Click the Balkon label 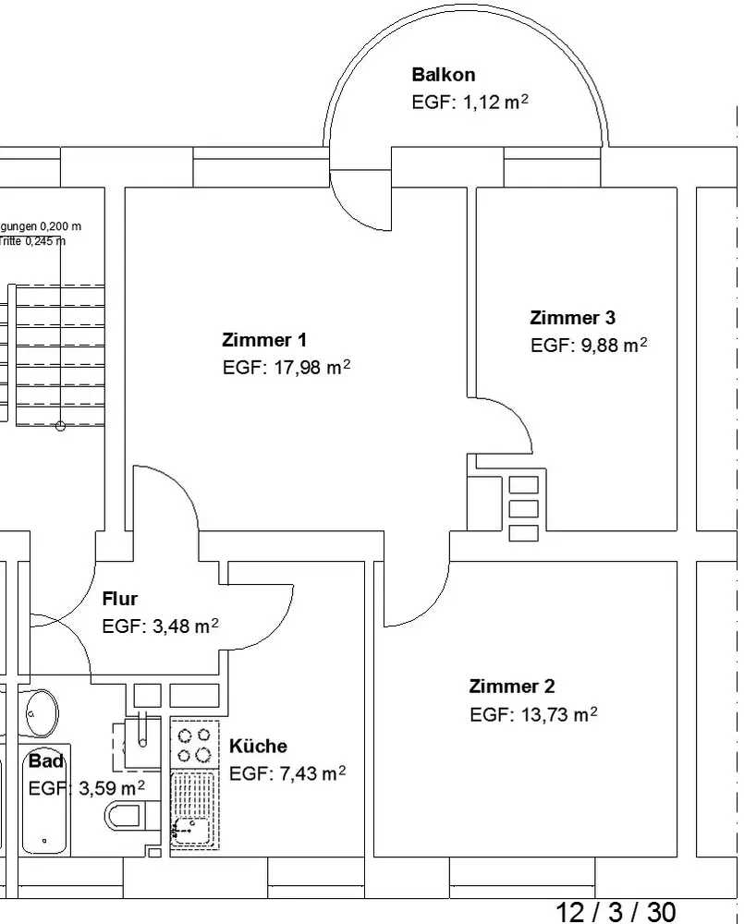click(444, 75)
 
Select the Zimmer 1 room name click(264, 339)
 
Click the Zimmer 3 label click(572, 318)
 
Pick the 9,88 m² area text click(609, 346)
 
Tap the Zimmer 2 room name click(512, 686)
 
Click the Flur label click(119, 599)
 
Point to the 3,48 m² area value click(181, 626)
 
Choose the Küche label click(258, 747)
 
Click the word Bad click(46, 761)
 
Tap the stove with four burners click(195, 745)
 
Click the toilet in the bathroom click(126, 816)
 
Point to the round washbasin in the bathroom click(40, 712)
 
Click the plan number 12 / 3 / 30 click(616, 912)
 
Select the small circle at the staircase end click(60, 426)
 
